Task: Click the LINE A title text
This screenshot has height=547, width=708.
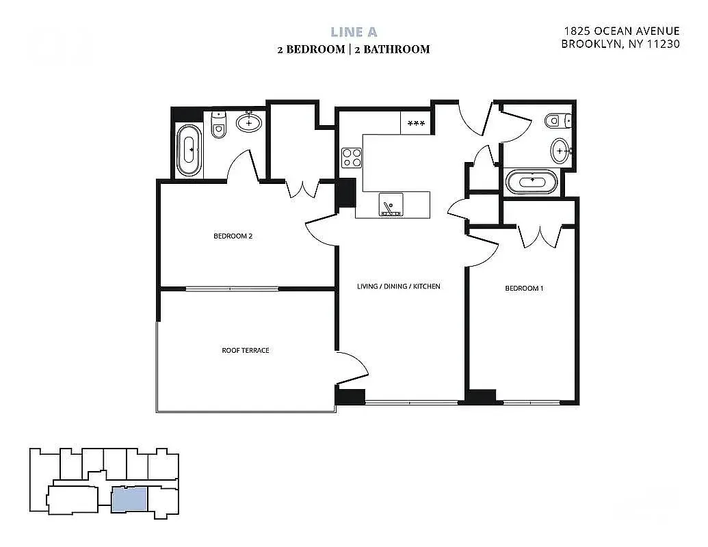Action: pyautogui.click(x=354, y=31)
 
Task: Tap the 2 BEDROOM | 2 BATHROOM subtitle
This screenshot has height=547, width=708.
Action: pyautogui.click(x=354, y=49)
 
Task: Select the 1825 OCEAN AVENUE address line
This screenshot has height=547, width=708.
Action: pyautogui.click(x=621, y=31)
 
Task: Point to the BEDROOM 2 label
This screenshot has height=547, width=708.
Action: pyautogui.click(x=233, y=237)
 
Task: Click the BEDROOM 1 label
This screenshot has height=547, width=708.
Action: pyautogui.click(x=524, y=289)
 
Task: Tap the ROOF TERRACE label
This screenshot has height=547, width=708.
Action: pyautogui.click(x=246, y=350)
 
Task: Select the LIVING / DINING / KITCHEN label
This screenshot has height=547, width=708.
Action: pyautogui.click(x=399, y=286)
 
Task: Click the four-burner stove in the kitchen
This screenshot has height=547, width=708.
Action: pyautogui.click(x=352, y=158)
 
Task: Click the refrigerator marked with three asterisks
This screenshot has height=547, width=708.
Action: pyautogui.click(x=415, y=124)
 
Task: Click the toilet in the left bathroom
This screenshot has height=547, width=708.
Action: pyautogui.click(x=219, y=125)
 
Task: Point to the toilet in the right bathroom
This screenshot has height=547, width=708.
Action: pyautogui.click(x=556, y=121)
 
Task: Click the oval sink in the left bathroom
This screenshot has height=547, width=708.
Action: pyautogui.click(x=248, y=123)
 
